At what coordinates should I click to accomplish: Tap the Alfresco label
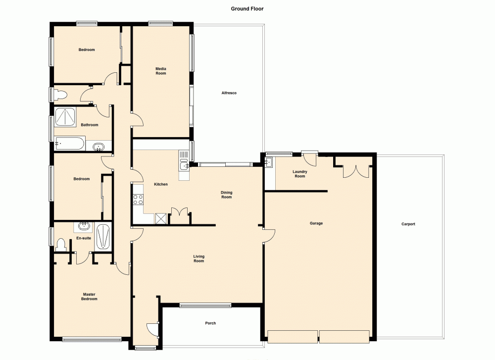[x=229, y=93]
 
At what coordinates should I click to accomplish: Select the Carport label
[x=408, y=224]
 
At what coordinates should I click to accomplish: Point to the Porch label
[x=210, y=323]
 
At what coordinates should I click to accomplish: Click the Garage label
[x=316, y=223]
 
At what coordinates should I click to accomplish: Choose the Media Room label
[x=161, y=71]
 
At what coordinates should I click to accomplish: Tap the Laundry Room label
[x=300, y=174]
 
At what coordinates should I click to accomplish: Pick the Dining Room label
[x=226, y=195]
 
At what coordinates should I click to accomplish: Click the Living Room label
[x=198, y=258]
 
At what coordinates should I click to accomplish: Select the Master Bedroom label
[x=90, y=297]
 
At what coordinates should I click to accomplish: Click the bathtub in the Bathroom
[x=70, y=144]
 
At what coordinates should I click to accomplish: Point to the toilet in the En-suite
[x=60, y=245]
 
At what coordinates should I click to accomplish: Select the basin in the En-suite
[x=84, y=227]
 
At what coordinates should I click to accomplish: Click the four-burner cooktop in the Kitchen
[x=138, y=200]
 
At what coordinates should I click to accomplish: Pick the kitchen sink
[x=184, y=162]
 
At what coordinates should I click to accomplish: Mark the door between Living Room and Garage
[x=268, y=236]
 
